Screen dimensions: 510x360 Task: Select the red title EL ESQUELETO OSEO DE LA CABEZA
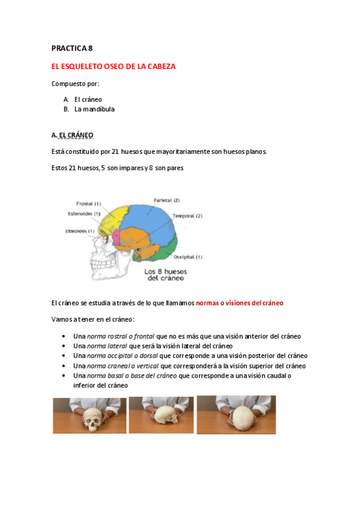click(114, 67)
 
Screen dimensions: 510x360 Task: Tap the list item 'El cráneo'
click(88, 99)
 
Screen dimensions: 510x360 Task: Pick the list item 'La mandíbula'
click(94, 109)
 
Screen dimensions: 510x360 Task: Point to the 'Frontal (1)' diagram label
click(88, 203)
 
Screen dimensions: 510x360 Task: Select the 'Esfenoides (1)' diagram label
click(84, 214)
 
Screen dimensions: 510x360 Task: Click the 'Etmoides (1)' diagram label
click(80, 231)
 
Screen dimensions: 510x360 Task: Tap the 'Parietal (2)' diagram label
click(166, 200)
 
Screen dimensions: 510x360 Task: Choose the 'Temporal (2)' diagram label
click(188, 216)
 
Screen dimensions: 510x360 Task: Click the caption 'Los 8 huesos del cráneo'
click(165, 275)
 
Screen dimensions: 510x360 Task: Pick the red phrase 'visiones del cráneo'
click(254, 303)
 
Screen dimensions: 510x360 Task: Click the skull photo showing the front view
click(90, 416)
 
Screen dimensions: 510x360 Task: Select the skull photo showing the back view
click(236, 414)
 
